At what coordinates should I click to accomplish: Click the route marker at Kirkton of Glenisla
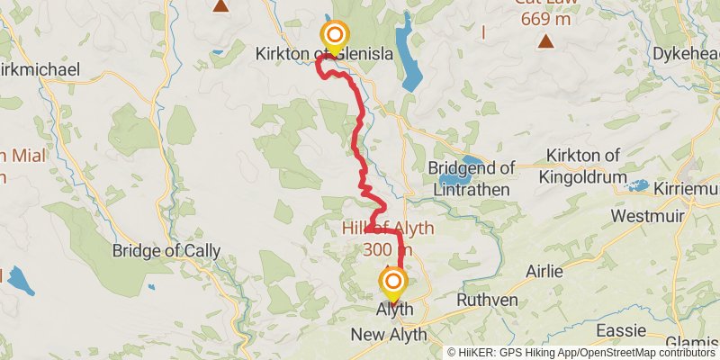[x=334, y=37]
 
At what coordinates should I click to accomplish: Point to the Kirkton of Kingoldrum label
[x=585, y=167]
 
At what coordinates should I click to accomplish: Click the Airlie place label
[x=545, y=271]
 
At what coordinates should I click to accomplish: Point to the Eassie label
[x=621, y=330]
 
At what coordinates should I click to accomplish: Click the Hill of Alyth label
[x=388, y=229]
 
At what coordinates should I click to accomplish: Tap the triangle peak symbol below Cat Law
[x=546, y=41]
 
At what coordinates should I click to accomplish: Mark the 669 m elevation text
[x=545, y=19]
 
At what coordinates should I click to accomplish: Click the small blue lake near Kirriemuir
[x=638, y=186]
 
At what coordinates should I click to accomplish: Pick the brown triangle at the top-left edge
[x=220, y=5]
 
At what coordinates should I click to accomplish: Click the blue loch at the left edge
[x=19, y=282]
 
